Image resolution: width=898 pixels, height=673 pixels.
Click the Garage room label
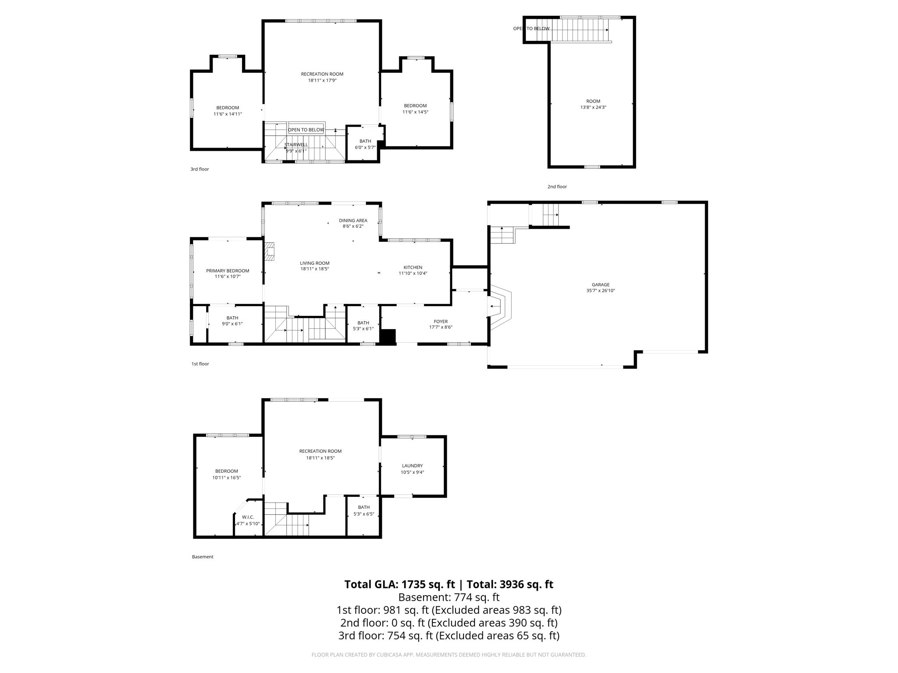click(600, 284)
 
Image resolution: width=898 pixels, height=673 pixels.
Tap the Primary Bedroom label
click(228, 271)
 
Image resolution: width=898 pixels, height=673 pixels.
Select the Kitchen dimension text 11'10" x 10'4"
click(413, 273)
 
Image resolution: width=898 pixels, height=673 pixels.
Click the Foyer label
click(441, 322)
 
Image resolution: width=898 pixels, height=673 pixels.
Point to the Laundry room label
click(412, 466)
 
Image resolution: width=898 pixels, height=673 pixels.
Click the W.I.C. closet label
click(248, 517)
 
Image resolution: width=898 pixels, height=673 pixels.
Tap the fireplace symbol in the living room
click(269, 251)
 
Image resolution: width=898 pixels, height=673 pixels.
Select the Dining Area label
click(353, 220)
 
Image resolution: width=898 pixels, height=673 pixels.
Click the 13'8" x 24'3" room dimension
click(593, 107)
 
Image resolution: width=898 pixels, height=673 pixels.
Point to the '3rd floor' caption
click(200, 169)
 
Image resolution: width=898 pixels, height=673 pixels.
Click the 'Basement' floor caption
click(203, 557)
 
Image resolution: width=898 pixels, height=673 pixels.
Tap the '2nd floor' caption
click(557, 187)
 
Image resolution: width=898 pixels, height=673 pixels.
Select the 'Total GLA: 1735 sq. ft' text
click(399, 584)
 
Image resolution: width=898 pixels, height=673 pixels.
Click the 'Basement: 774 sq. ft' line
click(449, 597)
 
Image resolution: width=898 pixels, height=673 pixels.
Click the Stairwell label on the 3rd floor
click(296, 145)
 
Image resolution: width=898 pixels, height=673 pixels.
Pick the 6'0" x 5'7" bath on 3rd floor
click(365, 147)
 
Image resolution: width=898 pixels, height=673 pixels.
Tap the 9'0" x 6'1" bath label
click(232, 324)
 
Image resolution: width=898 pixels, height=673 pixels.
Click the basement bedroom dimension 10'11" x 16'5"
click(226, 478)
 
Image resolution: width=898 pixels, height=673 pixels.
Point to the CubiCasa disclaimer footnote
click(449, 655)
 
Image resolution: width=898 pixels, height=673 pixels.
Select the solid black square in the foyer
click(388, 337)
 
